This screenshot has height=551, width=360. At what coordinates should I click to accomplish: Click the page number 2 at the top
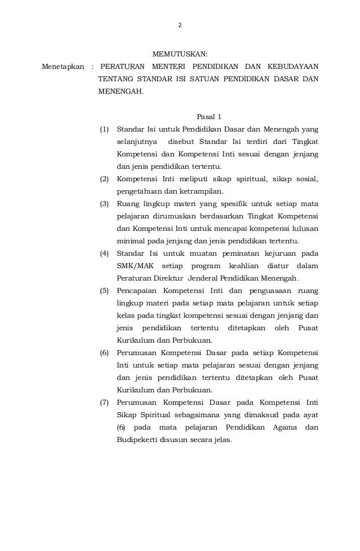point(180,25)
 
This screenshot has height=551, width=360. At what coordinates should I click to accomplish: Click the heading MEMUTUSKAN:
point(180,55)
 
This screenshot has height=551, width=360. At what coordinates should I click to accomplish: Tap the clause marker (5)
point(104,291)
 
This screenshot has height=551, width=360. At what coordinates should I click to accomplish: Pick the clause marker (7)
point(104,403)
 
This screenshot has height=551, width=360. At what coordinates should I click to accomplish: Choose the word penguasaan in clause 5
point(269,291)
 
